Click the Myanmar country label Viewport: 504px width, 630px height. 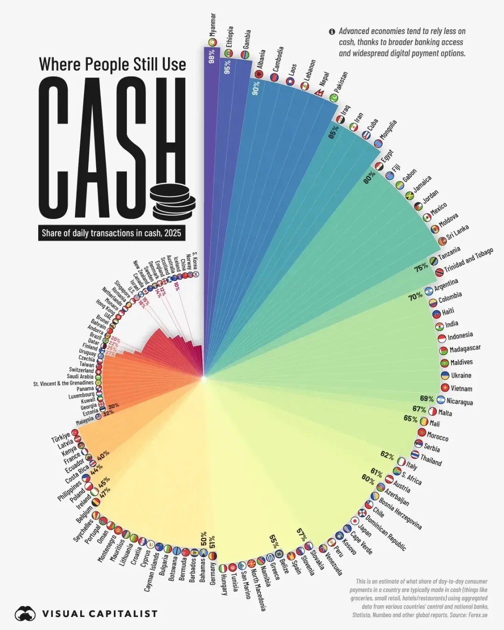[213, 25]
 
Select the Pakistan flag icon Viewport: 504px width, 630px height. [334, 98]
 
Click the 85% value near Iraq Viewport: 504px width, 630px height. [334, 132]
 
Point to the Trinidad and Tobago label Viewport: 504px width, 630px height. [468, 260]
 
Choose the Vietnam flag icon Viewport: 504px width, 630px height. [445, 388]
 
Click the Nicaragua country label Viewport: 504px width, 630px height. [459, 401]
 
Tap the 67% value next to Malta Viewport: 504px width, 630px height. [419, 409]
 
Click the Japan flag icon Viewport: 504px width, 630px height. [355, 521]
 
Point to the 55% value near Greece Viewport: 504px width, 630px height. [274, 541]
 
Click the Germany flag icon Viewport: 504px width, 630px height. [212, 556]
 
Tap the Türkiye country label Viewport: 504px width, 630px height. [60, 437]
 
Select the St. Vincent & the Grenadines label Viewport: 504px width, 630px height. [63, 384]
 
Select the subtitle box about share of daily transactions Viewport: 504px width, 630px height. [112, 233]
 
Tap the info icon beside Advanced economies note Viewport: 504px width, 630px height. [332, 32]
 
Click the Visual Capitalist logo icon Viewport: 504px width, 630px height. [25, 614]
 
